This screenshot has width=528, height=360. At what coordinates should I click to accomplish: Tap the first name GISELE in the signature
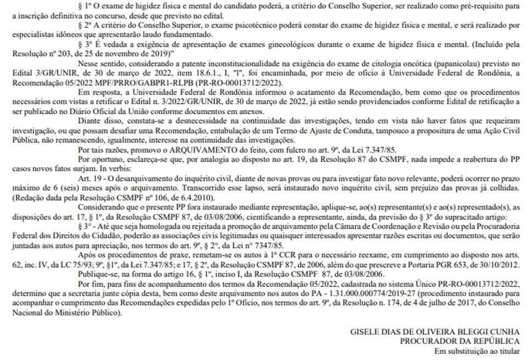(365, 332)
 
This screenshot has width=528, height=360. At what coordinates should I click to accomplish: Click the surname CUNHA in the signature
(510, 332)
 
